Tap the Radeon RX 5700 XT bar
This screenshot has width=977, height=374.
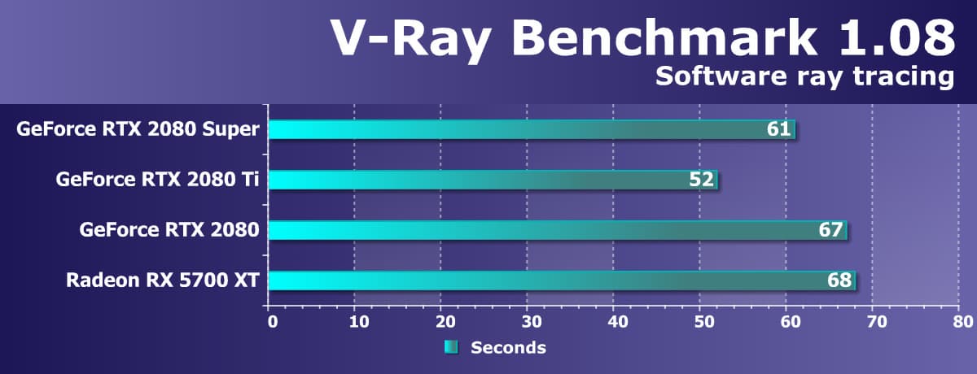(561, 280)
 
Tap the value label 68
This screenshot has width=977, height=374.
(839, 280)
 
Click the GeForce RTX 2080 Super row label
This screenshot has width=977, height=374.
(138, 129)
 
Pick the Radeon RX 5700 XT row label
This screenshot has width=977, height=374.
(163, 280)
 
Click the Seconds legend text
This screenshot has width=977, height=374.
(508, 348)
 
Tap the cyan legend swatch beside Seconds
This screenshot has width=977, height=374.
(451, 348)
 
